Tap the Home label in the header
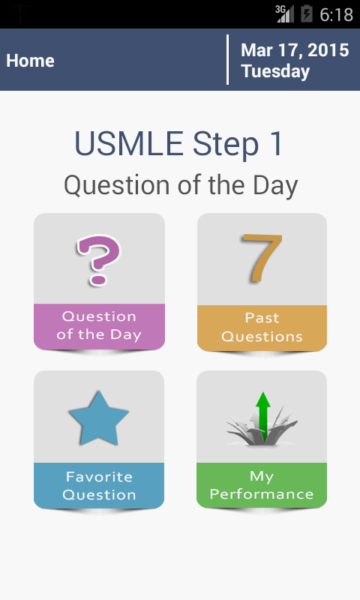(x=30, y=61)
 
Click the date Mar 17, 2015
(x=295, y=50)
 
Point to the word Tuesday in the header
(x=275, y=71)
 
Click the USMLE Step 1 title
(x=179, y=143)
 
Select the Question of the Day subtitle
(x=180, y=184)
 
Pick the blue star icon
(x=98, y=416)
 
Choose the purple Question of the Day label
(x=99, y=325)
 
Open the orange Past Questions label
(x=262, y=327)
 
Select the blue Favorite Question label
(x=99, y=485)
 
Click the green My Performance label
(x=262, y=485)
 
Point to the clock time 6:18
(x=336, y=14)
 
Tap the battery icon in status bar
(x=307, y=13)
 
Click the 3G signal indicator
(x=284, y=13)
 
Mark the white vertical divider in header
(x=227, y=60)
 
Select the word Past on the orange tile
(x=262, y=318)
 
